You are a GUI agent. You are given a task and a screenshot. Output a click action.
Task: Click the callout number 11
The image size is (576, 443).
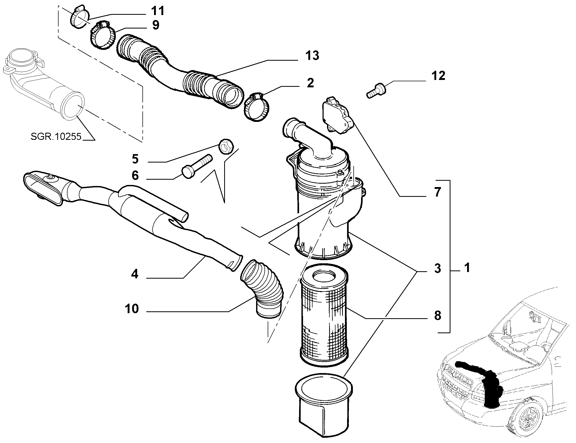pyautogui.click(x=157, y=11)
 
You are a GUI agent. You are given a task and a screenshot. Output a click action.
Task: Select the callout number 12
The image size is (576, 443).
pyautogui.click(x=438, y=76)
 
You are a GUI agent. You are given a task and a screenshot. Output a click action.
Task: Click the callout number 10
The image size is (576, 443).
pyautogui.click(x=132, y=308)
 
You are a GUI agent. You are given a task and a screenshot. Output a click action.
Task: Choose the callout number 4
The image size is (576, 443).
pyautogui.click(x=135, y=274)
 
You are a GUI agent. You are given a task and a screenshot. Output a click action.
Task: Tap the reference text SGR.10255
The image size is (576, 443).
pyautogui.click(x=56, y=137)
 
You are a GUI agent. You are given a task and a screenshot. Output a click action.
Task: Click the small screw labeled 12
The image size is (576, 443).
pyautogui.click(x=377, y=90)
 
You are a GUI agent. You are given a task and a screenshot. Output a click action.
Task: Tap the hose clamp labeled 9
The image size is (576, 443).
pyautogui.click(x=103, y=36)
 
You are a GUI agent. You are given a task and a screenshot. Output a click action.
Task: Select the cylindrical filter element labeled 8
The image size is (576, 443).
pyautogui.click(x=325, y=316)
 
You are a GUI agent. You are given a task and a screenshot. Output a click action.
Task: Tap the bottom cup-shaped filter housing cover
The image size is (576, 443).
pyautogui.click(x=324, y=406)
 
